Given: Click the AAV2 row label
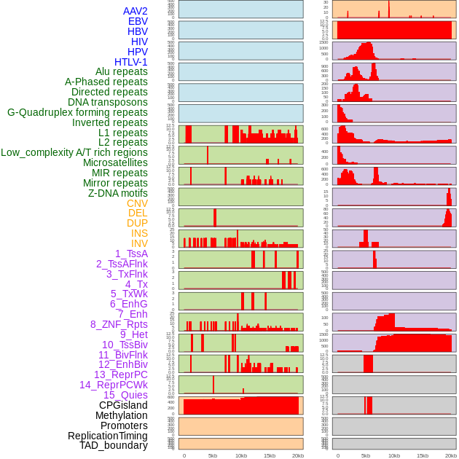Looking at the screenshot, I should click(135, 11).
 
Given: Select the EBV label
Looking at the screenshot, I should click(137, 21).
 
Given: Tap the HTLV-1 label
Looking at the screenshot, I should click(130, 62).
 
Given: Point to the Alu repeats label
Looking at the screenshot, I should click(121, 72).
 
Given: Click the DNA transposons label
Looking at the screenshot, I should click(108, 102).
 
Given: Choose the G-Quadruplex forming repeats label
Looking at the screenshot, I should click(77, 112).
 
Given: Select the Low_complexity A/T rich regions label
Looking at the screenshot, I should click(74, 152).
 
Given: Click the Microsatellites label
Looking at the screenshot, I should click(115, 162).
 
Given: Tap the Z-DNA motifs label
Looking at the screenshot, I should click(117, 193).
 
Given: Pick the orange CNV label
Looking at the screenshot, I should click(137, 203).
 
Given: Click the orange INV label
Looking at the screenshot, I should click(139, 243).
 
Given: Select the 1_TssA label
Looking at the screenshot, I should click(131, 254).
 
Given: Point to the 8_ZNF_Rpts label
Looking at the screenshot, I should click(119, 324).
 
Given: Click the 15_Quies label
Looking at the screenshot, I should click(125, 395).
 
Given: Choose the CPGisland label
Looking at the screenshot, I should click(123, 405).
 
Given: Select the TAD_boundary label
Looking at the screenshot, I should click(113, 445).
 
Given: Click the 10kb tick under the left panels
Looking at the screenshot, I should click(240, 455).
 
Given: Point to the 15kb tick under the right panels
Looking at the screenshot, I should click(423, 455).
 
